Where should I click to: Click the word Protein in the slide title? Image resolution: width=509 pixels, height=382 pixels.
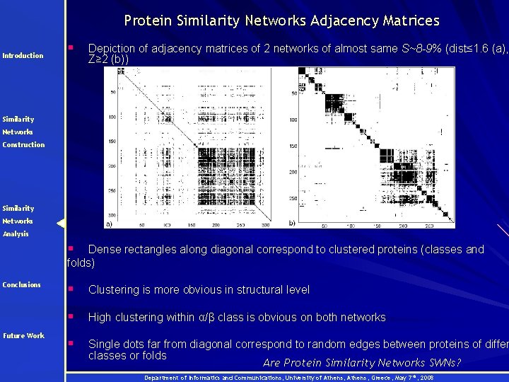pos(147,21)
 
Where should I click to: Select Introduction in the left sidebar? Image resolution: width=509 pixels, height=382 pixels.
pos(23,56)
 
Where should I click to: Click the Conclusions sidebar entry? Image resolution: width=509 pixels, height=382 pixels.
pos(22,285)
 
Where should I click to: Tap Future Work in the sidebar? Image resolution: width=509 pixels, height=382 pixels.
pos(23,336)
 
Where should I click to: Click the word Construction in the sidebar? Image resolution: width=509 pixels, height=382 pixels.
pos(23,145)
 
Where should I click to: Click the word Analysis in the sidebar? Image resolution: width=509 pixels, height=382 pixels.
pos(16,234)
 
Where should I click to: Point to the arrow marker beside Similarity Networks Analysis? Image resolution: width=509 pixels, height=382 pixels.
pos(61,224)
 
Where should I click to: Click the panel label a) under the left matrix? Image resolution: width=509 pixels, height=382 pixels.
pos(108,224)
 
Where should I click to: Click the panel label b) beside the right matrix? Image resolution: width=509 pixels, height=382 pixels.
pos(292,224)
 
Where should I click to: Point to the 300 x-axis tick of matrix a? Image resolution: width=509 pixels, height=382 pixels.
pos(264,225)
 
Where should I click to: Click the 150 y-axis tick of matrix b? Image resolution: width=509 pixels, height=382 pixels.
pos(293,146)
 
